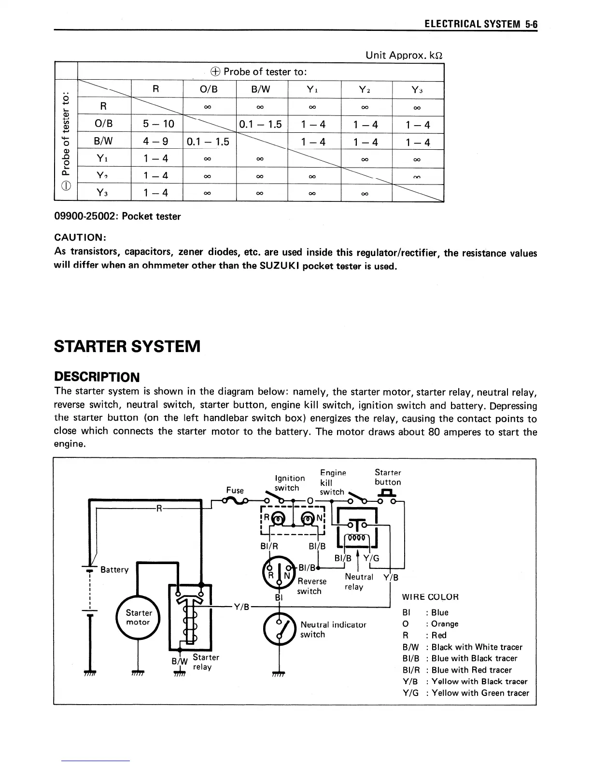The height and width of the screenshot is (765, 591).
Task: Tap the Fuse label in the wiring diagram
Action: pos(235,490)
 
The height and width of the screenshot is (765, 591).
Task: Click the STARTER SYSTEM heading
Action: pos(127,346)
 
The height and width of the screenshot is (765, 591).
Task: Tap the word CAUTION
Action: pos(79,238)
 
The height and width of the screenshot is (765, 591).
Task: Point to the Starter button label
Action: pos(388,477)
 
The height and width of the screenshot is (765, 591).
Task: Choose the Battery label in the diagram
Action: pos(114,570)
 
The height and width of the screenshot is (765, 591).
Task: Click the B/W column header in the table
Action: pos(262,89)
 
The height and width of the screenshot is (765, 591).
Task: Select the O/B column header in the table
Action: pos(209,89)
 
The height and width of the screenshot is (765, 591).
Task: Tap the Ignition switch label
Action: pos(289,483)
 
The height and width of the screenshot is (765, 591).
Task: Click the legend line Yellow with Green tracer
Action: pos(466,693)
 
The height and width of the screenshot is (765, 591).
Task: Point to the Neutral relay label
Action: pos(359,581)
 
